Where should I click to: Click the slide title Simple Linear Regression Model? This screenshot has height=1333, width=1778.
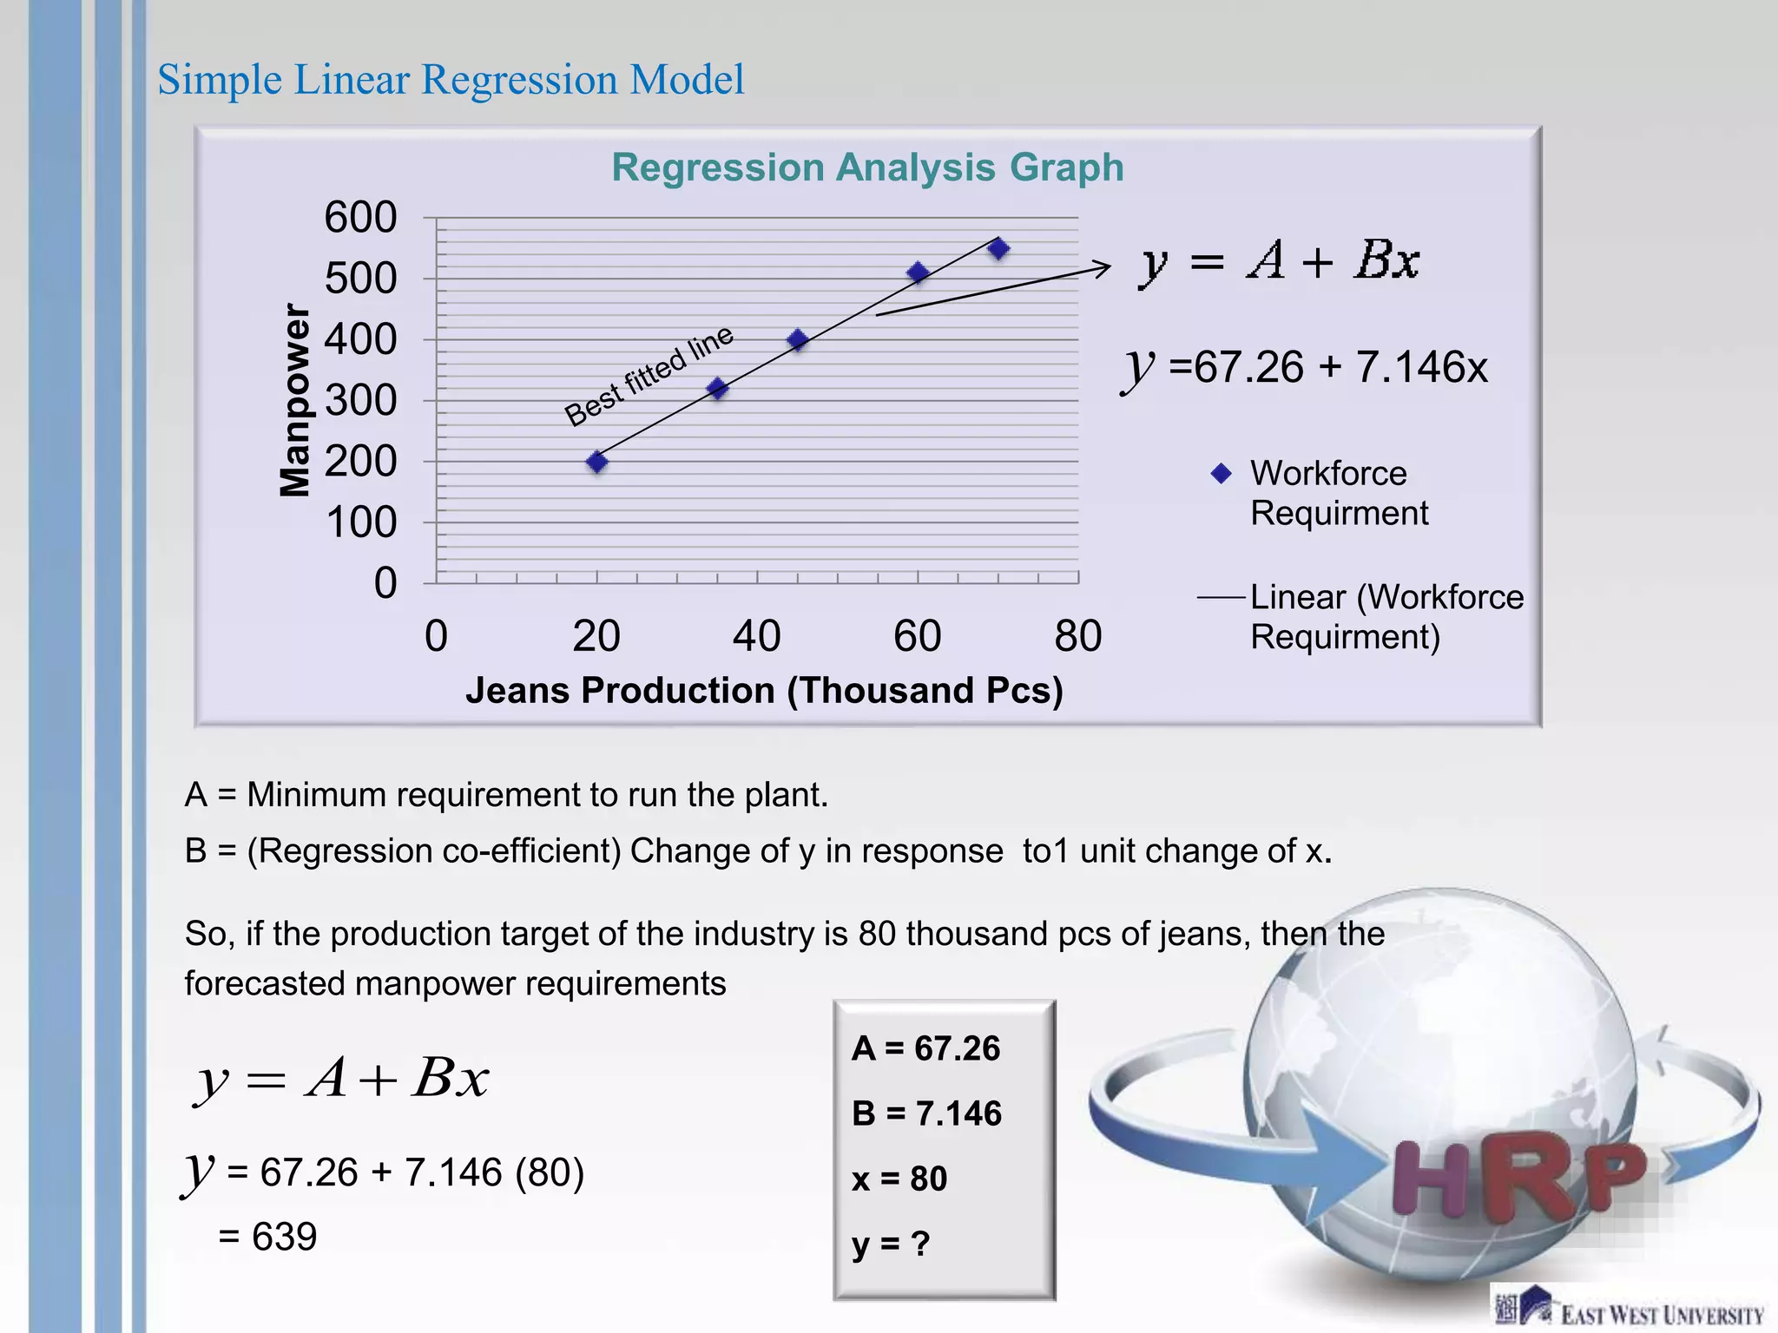pyautogui.click(x=451, y=80)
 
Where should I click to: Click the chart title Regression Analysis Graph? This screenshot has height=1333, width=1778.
pyautogui.click(x=867, y=167)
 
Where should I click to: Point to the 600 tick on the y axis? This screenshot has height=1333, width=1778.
pyautogui.click(x=360, y=217)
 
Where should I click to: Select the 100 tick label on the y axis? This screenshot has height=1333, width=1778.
pyautogui.click(x=360, y=522)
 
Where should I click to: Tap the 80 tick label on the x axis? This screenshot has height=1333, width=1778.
pyautogui.click(x=1077, y=636)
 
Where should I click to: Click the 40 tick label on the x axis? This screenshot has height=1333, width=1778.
pyautogui.click(x=756, y=636)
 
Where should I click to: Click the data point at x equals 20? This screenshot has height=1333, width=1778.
pyautogui.click(x=596, y=462)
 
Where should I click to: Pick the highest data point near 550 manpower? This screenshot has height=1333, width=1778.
pyautogui.click(x=998, y=249)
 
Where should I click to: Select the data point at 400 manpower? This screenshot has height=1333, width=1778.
pyautogui.click(x=798, y=340)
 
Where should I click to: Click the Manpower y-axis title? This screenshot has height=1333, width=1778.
pyautogui.click(x=295, y=400)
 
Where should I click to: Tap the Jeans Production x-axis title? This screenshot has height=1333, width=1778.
pyautogui.click(x=764, y=691)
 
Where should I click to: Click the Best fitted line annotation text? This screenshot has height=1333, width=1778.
pyautogui.click(x=649, y=377)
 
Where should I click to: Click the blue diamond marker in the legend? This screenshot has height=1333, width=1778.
pyautogui.click(x=1221, y=474)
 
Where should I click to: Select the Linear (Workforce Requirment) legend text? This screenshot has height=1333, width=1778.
pyautogui.click(x=1386, y=617)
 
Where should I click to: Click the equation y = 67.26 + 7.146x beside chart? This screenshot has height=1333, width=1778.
pyautogui.click(x=1305, y=367)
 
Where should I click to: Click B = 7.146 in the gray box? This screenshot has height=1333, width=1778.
pyautogui.click(x=926, y=1113)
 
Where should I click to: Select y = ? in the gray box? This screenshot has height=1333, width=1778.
pyautogui.click(x=891, y=1244)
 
